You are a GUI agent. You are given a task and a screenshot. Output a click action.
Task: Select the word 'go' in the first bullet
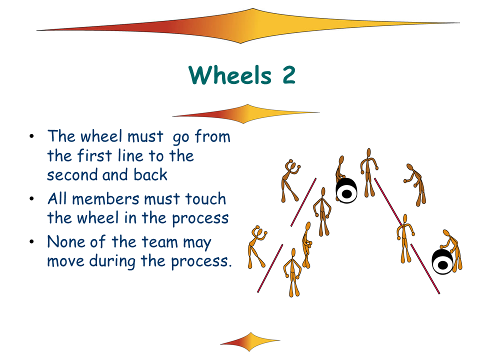[x=180, y=137]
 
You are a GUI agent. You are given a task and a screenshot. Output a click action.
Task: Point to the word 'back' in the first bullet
[x=150, y=174]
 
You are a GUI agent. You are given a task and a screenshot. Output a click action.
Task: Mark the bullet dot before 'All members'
[x=32, y=199]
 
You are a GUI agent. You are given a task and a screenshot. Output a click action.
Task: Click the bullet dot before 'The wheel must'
[x=32, y=136]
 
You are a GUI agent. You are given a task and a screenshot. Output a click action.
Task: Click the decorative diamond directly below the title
[x=246, y=113]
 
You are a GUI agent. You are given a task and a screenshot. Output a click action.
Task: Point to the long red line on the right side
[x=407, y=235]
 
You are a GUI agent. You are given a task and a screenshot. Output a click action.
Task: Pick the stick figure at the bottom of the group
[x=293, y=272]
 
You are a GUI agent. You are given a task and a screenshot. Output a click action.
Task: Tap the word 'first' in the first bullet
[x=95, y=155]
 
